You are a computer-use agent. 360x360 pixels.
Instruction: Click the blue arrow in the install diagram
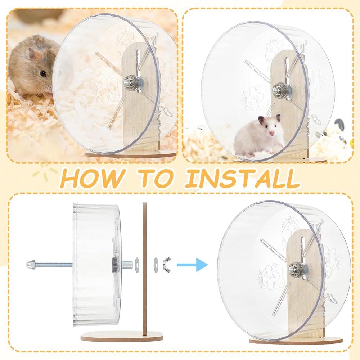point(192,265)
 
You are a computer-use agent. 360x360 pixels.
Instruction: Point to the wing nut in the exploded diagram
point(167,265)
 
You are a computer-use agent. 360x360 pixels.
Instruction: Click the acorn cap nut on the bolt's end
point(31,265)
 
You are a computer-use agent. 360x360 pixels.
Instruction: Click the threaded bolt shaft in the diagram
point(54,265)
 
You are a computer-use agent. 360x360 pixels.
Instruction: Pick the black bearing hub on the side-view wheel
point(114,265)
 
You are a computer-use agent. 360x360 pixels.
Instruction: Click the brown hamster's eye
point(43,73)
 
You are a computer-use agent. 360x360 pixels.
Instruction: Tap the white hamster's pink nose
point(271,133)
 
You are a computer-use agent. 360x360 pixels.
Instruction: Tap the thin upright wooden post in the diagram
point(144,268)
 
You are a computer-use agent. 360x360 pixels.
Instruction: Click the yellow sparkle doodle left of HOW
point(44,172)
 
